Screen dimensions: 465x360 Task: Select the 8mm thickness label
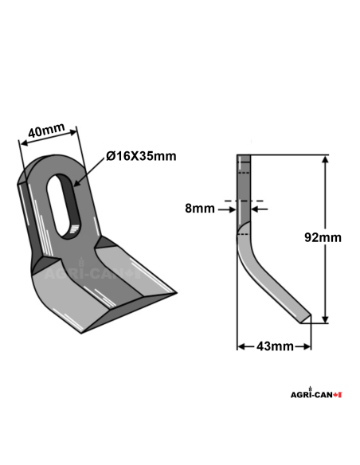click(199, 209)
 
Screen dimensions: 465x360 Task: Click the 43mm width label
click(273, 346)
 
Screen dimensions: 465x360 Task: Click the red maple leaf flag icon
click(338, 394)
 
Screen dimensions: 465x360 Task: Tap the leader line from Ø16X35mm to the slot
click(91, 170)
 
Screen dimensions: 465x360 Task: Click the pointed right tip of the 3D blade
click(174, 294)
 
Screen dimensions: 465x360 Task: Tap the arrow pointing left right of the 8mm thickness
click(259, 209)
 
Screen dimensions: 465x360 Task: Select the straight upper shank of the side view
click(244, 191)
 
